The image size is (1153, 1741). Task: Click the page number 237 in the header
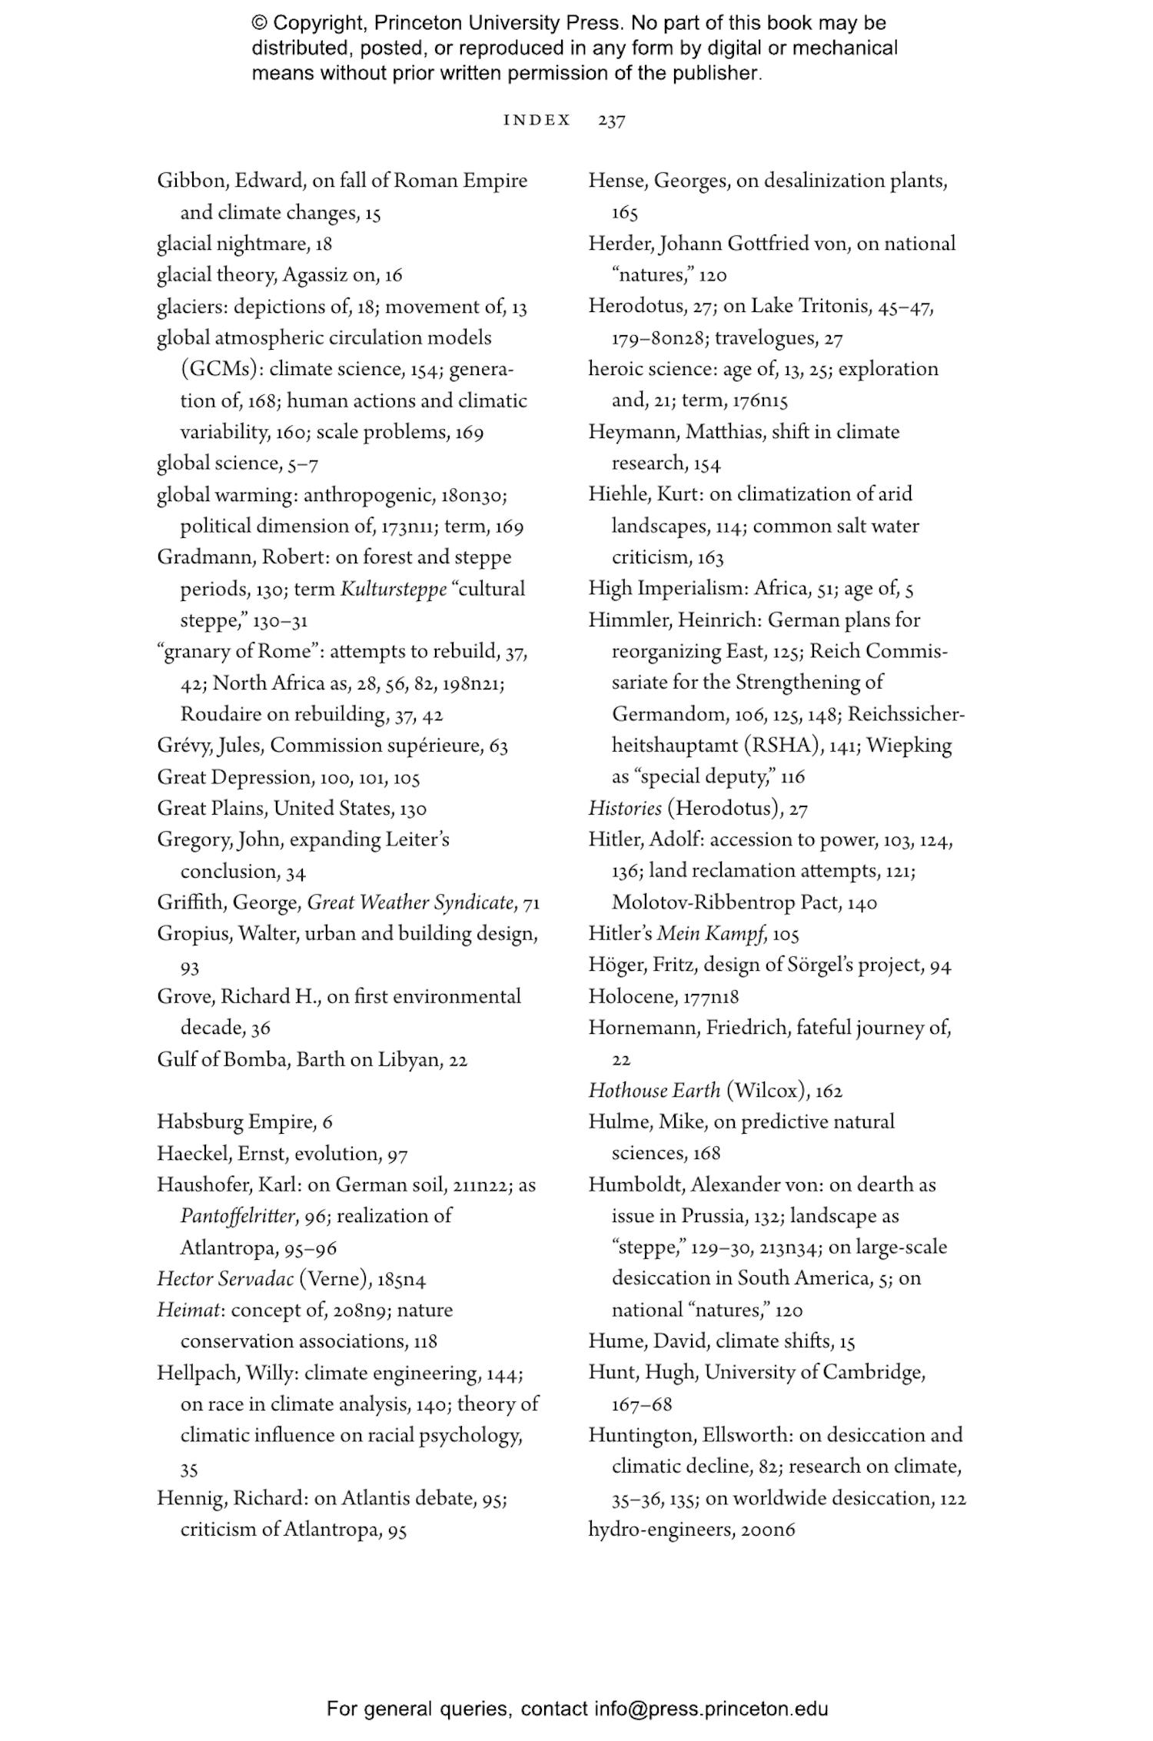[611, 121]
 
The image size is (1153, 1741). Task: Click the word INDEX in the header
[537, 121]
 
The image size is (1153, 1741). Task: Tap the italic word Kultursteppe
[393, 589]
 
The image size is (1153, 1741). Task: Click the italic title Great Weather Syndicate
[410, 902]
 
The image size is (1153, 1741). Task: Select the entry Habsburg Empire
[234, 1122]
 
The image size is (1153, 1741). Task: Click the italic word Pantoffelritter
[238, 1216]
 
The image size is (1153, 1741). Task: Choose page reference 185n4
[401, 1280]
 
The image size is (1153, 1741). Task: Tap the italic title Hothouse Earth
[654, 1091]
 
